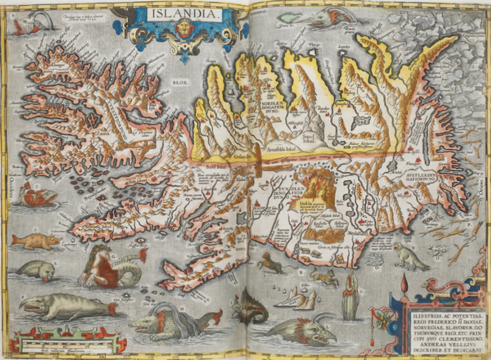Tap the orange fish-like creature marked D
coord(35,241)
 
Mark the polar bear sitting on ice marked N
coord(410,256)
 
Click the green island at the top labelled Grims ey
coord(292,18)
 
